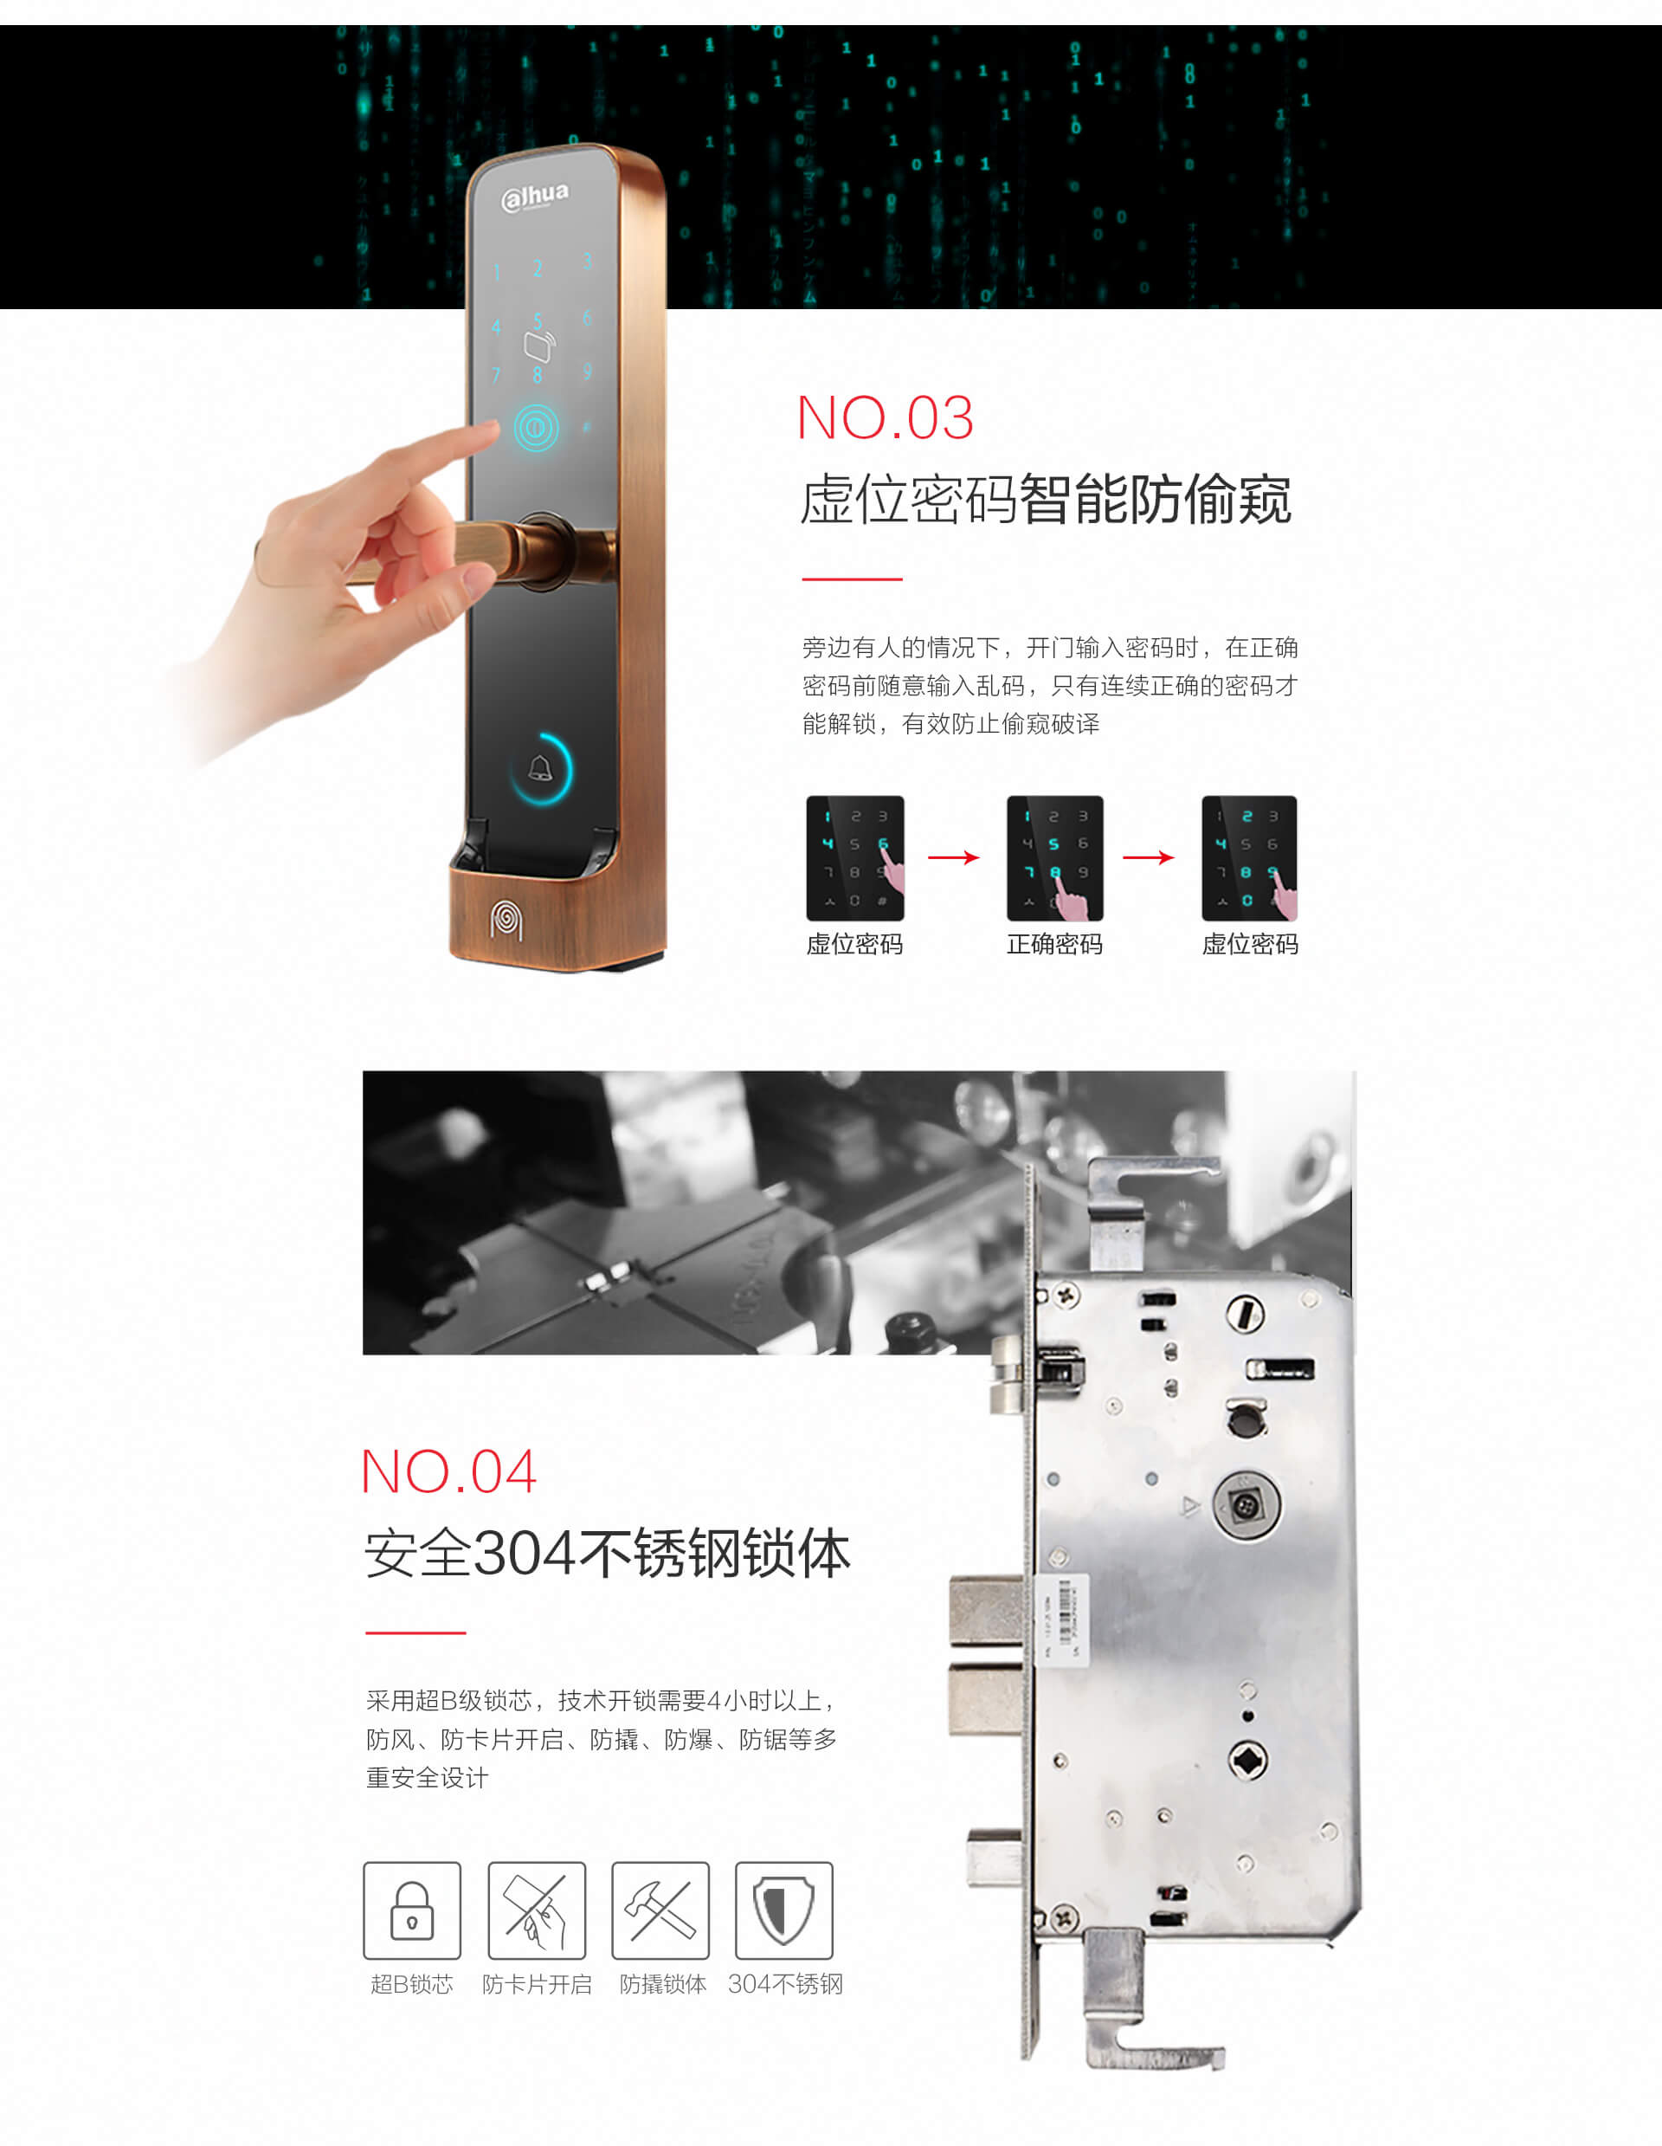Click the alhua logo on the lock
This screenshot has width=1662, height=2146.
(535, 197)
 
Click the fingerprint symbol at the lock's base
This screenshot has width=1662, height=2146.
(506, 920)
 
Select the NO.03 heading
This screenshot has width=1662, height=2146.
(885, 417)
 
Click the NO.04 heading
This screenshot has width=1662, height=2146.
(450, 1471)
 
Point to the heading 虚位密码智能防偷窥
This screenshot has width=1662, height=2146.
(1047, 499)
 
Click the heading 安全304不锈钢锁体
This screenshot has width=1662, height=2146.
(608, 1554)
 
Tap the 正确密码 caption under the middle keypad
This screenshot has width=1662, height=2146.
(1054, 944)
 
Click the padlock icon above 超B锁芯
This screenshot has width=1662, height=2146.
(411, 1910)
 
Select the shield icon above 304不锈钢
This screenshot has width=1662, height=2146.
(784, 1910)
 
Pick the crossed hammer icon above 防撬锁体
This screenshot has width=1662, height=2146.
(660, 1910)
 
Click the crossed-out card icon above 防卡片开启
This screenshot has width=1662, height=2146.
(537, 1910)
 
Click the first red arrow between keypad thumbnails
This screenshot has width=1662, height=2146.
(954, 858)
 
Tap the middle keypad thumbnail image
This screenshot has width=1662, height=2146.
(1055, 858)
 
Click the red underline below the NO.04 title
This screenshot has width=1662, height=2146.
(415, 1632)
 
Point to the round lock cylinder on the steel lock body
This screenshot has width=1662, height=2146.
(1246, 1505)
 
